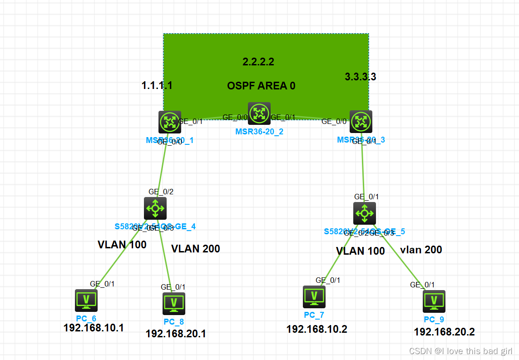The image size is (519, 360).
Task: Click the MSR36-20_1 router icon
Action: click(170, 122)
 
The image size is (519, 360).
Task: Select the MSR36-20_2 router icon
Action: click(259, 113)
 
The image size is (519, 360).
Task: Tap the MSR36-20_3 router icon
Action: click(361, 122)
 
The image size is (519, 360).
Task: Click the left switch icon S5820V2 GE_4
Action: click(155, 208)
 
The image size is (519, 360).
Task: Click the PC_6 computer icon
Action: click(86, 300)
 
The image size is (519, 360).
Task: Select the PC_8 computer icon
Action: click(174, 303)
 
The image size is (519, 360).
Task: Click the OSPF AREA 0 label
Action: click(261, 86)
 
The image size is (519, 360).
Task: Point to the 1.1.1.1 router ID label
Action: click(157, 85)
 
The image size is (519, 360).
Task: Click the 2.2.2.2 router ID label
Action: click(258, 62)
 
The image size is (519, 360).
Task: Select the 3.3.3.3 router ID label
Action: click(361, 77)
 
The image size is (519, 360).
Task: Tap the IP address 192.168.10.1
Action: click(94, 328)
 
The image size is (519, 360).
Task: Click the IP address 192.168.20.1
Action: click(176, 334)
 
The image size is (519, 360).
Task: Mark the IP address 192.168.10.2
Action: click(317, 329)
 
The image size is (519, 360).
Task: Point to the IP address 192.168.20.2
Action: click(444, 332)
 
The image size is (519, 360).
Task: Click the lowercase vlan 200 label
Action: click(421, 250)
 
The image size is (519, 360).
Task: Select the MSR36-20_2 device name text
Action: click(259, 132)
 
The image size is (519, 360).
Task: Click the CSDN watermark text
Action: click(460, 351)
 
